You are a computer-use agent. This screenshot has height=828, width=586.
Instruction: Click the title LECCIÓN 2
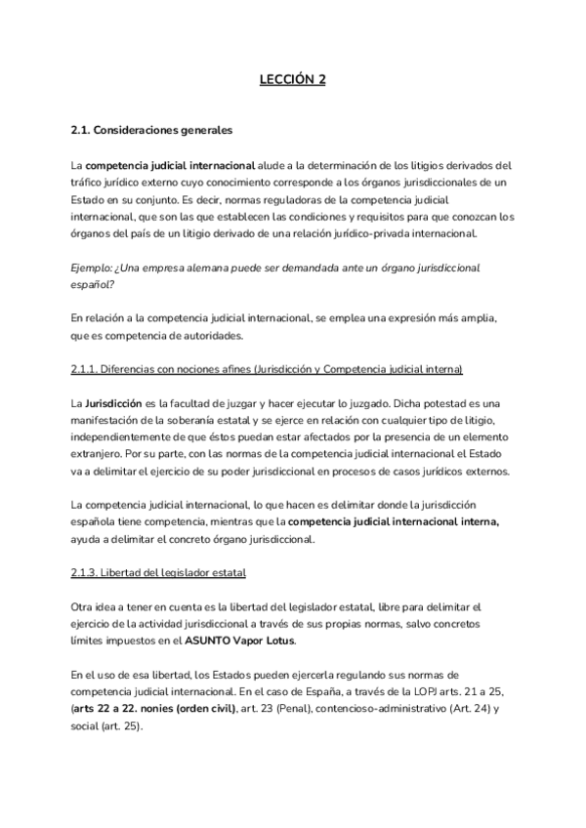292,81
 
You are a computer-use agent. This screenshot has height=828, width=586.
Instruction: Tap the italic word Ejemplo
93,266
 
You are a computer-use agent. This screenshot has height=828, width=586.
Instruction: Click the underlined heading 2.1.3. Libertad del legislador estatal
158,570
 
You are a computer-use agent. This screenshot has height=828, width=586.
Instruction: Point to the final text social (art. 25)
105,724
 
